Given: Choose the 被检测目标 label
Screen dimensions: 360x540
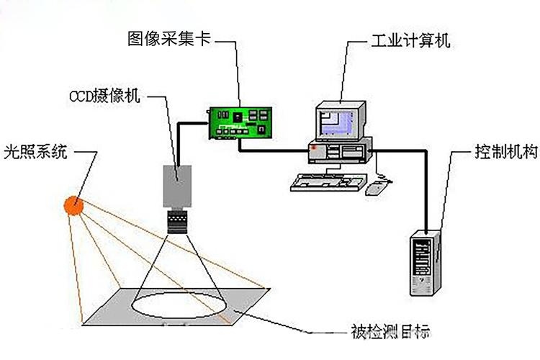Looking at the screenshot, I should pos(390,333).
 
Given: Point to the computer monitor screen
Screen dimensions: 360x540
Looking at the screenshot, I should pos(338,121).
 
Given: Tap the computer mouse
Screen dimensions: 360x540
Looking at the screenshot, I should pos(377,189).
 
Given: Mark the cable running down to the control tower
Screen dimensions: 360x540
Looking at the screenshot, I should pos(426,194).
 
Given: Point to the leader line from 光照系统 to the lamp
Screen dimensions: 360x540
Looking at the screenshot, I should pos(88,173).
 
